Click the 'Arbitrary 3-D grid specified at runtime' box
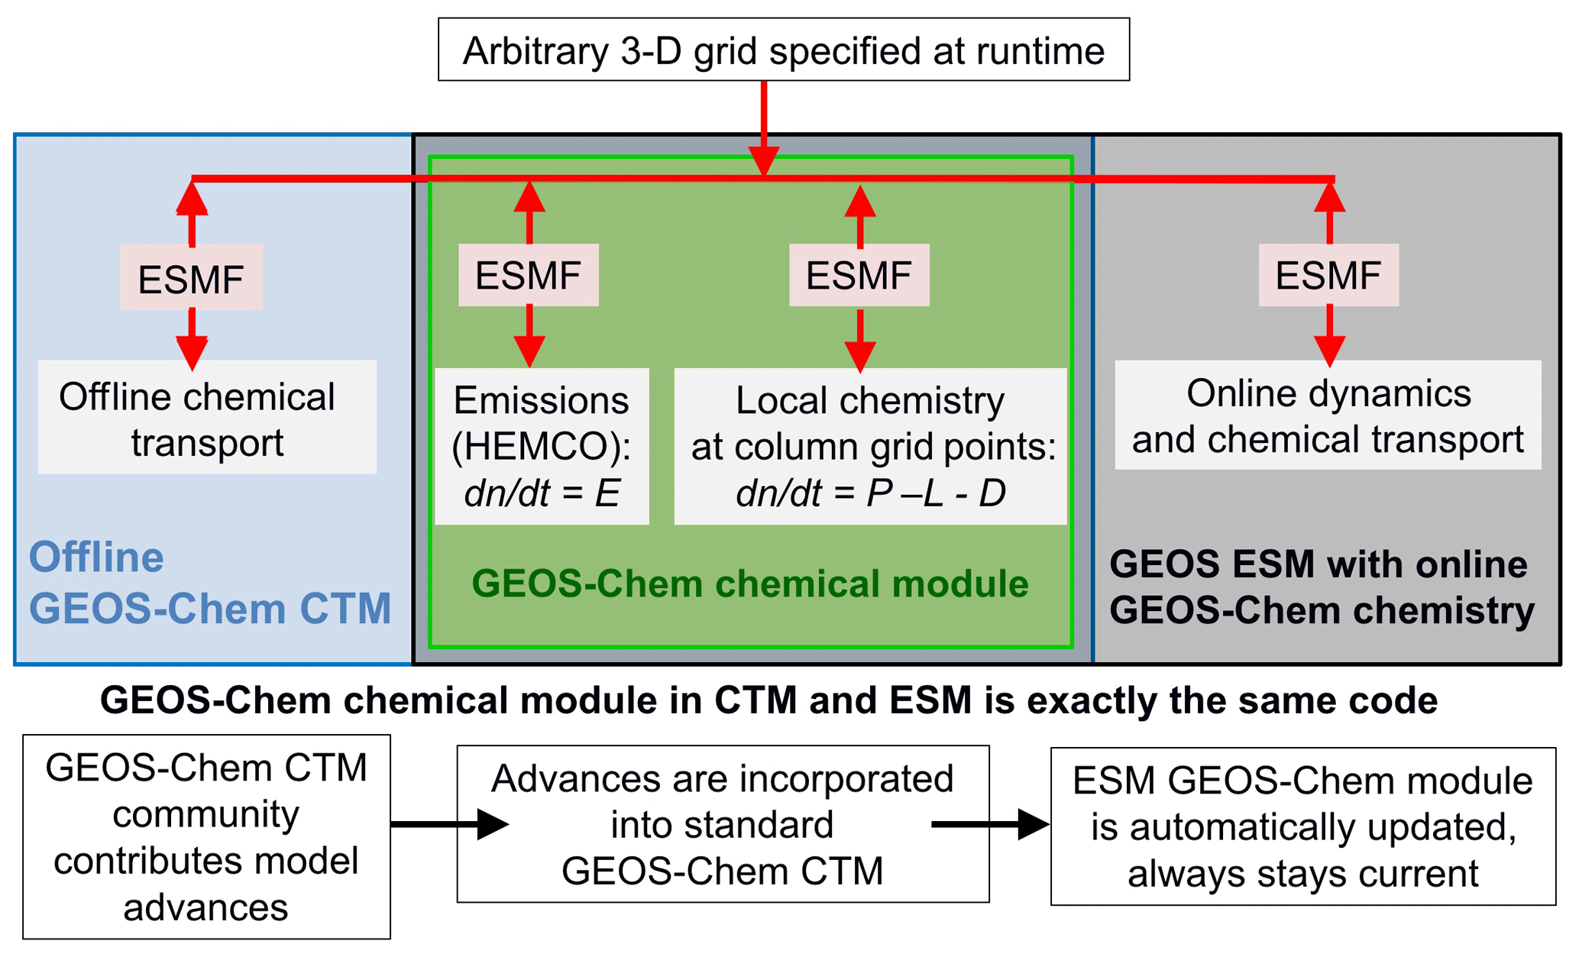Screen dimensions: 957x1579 pos(783,50)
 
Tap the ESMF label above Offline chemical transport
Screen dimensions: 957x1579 pos(191,278)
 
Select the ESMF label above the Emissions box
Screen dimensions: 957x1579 pos(528,275)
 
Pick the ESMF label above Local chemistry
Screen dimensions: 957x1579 pos(859,275)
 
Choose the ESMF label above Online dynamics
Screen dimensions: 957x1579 pos(1328,275)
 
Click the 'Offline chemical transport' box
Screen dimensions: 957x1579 pos(206,418)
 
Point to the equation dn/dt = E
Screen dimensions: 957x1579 pos(542,493)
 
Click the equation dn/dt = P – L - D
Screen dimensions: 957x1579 pos(870,493)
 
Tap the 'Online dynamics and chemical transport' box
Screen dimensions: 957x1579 pos(1328,415)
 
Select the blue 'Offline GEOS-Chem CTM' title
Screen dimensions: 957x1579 pos(210,583)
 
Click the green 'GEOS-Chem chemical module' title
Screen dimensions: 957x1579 pos(750,584)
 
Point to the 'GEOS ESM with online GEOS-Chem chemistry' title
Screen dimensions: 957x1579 pos(1322,587)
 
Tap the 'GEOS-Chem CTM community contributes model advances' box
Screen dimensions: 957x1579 pos(206,837)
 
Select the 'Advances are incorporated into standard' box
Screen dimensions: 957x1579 pos(723,824)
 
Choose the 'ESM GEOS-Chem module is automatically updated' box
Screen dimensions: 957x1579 pos(1303,826)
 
